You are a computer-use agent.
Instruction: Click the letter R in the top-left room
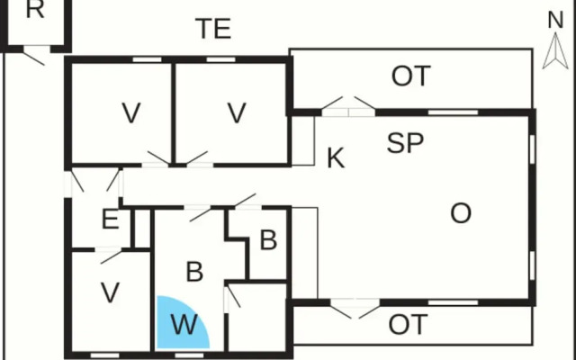click(34, 11)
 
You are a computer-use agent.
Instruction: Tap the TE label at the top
click(214, 29)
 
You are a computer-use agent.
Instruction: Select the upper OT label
click(411, 77)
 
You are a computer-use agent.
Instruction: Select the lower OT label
click(408, 325)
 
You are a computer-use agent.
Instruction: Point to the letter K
click(336, 159)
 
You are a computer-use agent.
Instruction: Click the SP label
click(406, 142)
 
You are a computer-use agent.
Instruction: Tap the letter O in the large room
click(461, 214)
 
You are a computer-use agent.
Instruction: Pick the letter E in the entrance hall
click(110, 219)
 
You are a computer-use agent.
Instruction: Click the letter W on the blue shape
click(184, 325)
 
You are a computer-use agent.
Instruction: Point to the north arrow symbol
click(554, 54)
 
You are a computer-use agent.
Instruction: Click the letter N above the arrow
click(555, 20)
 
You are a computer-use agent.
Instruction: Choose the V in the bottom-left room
click(110, 293)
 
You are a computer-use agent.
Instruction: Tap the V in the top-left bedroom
click(131, 114)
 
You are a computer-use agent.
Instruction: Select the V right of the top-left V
click(237, 114)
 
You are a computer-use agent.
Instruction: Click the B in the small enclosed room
click(267, 240)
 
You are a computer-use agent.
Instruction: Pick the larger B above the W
click(194, 271)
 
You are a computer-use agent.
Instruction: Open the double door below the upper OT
click(349, 105)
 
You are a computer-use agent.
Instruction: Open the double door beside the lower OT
click(355, 308)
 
